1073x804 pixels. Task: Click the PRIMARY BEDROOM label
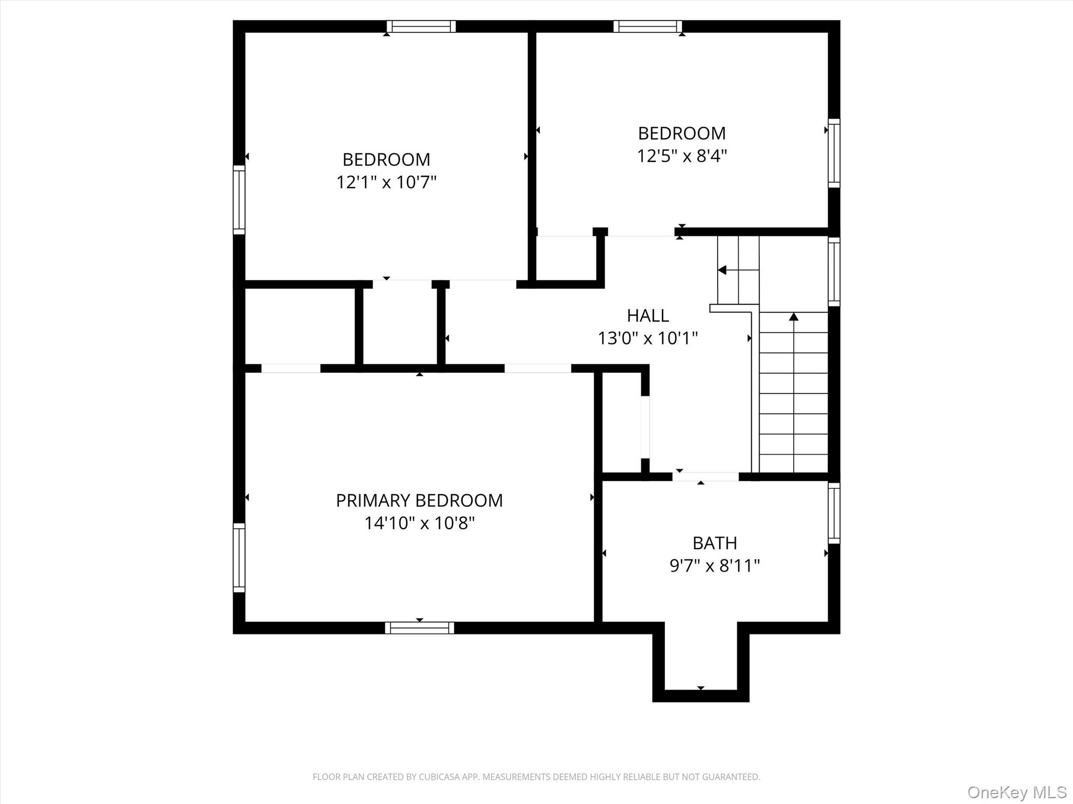pos(419,500)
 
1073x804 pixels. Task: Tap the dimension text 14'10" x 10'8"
pos(419,523)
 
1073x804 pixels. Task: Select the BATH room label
pos(715,543)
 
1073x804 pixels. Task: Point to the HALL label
pos(648,316)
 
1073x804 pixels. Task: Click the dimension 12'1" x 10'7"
pos(386,182)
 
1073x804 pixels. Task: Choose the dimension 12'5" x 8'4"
pos(682,156)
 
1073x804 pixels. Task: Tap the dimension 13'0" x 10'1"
pos(648,339)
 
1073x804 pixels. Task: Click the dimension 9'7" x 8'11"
pos(715,566)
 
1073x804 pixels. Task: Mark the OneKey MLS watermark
pos(1016,792)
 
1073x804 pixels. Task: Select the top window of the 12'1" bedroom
pos(421,27)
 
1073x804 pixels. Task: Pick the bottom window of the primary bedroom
pos(419,628)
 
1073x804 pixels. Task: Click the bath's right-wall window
pos(834,513)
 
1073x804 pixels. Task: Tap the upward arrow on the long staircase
pos(794,317)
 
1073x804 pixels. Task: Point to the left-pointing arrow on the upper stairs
pos(722,270)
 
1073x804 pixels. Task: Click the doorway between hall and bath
pos(705,476)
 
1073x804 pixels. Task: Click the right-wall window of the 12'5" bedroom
pos(834,153)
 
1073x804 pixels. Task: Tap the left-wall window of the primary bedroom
pos(239,557)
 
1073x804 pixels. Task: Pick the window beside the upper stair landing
pos(834,271)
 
